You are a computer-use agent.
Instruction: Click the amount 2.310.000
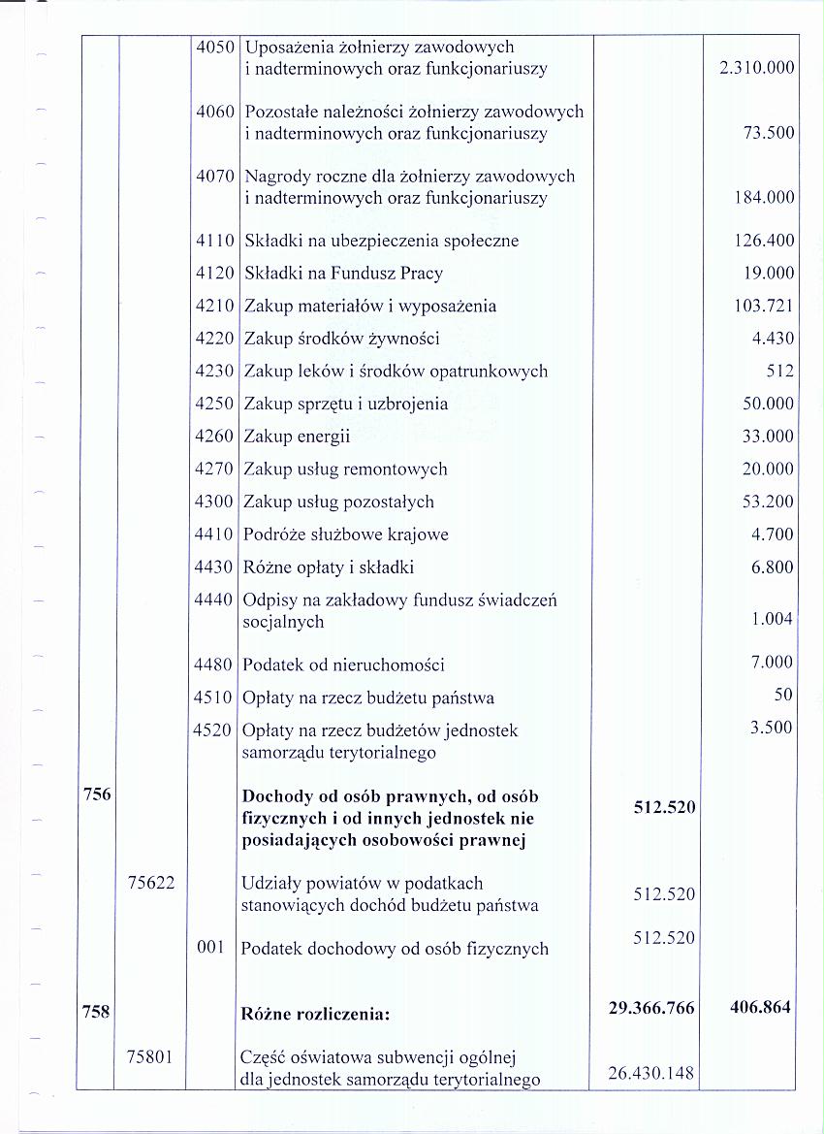pos(751,68)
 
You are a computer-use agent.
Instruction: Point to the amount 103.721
pos(764,307)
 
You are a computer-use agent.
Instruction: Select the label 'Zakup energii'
pos(297,437)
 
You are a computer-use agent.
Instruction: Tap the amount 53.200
pos(768,502)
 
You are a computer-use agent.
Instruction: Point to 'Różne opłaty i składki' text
pos(329,567)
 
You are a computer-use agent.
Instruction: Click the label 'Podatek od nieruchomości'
pos(343,665)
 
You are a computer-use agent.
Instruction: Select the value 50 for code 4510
pos(783,695)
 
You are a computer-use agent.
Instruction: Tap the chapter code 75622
pos(150,883)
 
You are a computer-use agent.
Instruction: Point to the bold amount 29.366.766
pos(651,1009)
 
